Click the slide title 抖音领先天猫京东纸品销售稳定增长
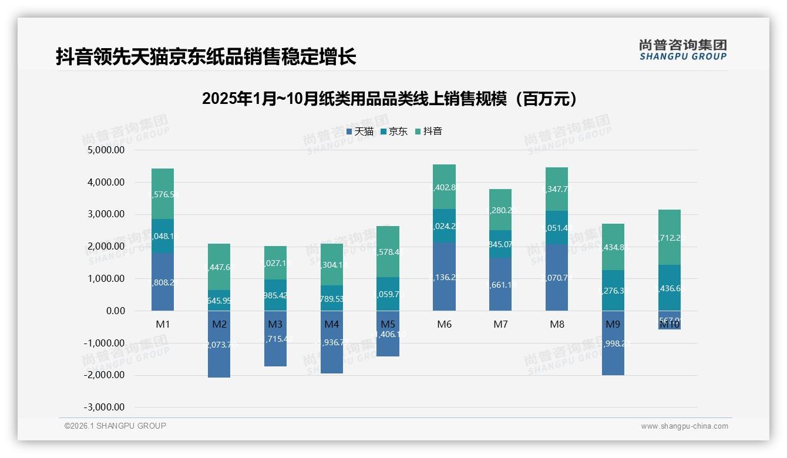coord(206,57)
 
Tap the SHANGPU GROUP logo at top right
coord(682,50)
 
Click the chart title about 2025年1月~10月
coord(389,99)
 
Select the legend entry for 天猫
coord(359,131)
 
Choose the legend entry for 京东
coord(394,131)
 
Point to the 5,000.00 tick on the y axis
coord(106,150)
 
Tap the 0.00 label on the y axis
coord(115,311)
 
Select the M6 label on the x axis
coord(444,324)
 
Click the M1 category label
coord(163,324)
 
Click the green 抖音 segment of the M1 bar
coord(163,194)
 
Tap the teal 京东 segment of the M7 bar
coord(500,244)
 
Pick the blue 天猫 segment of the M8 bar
coord(557,277)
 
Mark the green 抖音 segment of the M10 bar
coord(670,237)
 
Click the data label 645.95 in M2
coord(219,300)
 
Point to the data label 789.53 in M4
coord(332,298)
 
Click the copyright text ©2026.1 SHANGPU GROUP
coord(115,426)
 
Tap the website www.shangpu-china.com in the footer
coord(684,426)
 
